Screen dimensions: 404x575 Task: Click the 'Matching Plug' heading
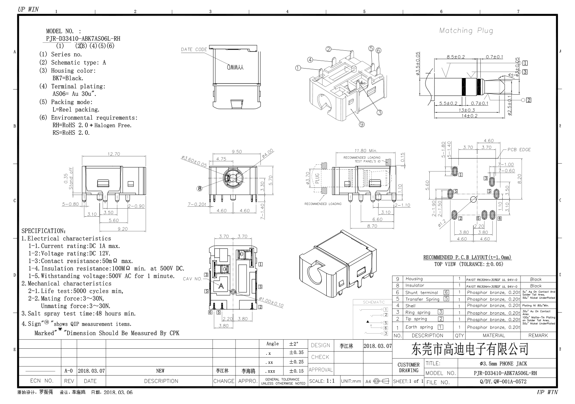[x=466, y=31]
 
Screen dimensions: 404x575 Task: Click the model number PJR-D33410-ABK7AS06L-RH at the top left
[x=83, y=39]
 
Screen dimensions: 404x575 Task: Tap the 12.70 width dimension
[x=114, y=154]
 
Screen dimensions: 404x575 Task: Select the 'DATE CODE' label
[x=194, y=50]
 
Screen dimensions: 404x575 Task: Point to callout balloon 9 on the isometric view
[x=362, y=124]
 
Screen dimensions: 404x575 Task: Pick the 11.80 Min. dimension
[x=366, y=151]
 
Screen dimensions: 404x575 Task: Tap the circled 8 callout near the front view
[x=199, y=188]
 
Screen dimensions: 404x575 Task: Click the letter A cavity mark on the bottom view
[x=221, y=286]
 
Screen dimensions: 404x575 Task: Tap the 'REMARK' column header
[x=538, y=335]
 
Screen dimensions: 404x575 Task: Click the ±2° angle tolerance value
[x=294, y=344]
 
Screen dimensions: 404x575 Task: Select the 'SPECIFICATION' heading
[x=44, y=231]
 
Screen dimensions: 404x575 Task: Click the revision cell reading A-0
[x=69, y=371]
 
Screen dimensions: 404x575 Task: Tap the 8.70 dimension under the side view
[x=372, y=226]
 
